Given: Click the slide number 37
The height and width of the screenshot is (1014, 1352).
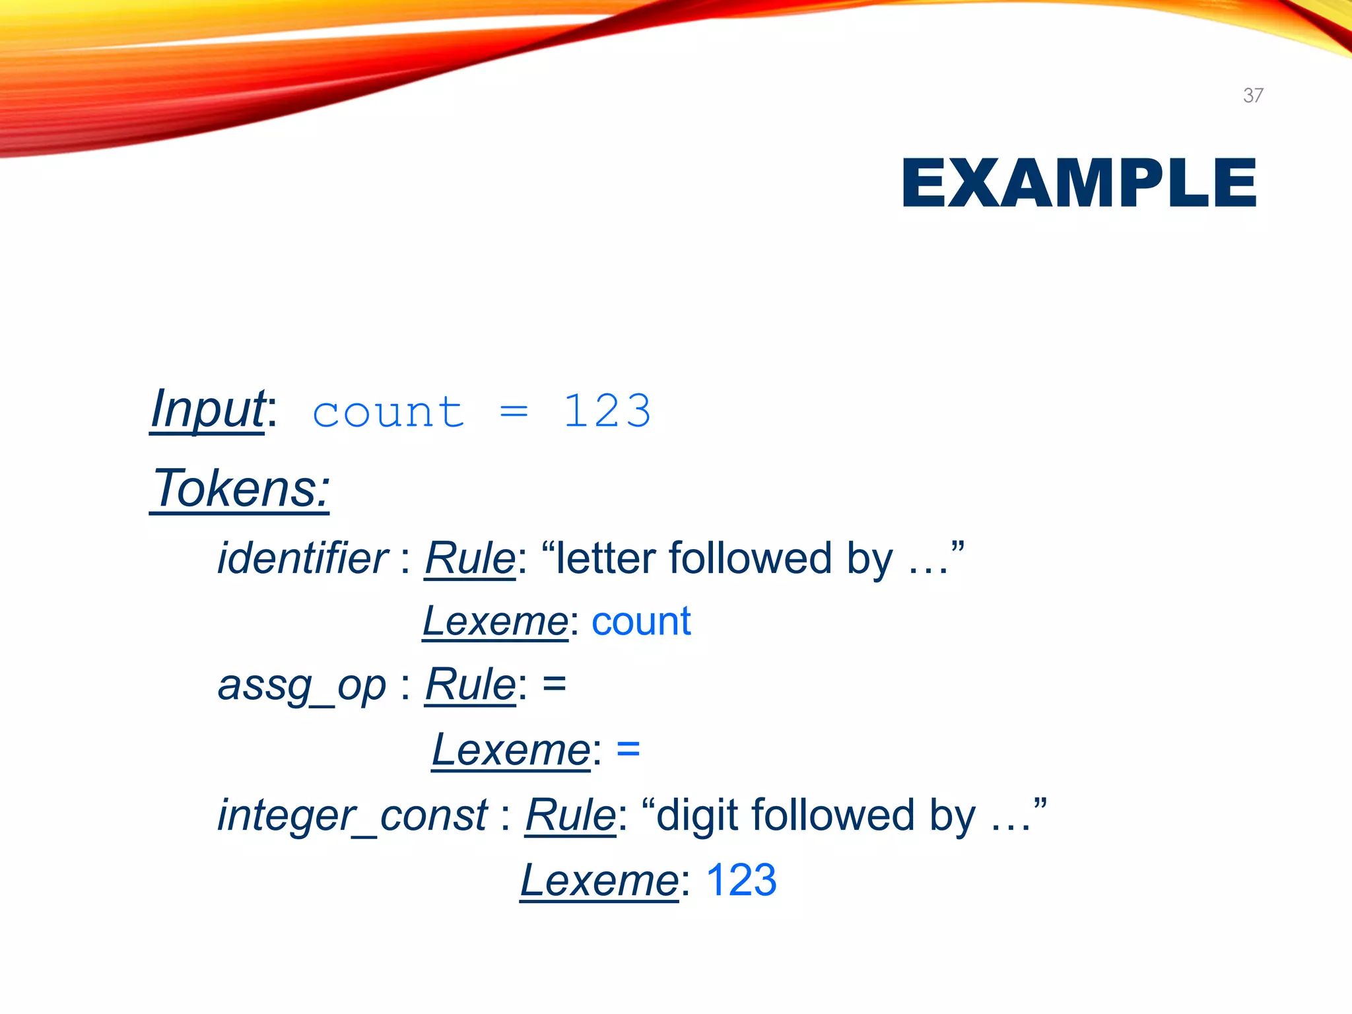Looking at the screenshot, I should (x=1252, y=96).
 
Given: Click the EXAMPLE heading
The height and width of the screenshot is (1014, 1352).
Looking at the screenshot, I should (x=1079, y=184).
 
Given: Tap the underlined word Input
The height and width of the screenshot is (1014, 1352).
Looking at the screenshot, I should (x=208, y=410).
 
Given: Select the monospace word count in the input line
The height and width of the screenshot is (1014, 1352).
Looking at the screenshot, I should (x=388, y=413).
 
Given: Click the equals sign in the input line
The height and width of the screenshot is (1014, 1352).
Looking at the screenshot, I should (x=514, y=413).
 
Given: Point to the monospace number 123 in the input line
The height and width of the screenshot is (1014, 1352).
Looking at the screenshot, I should (x=607, y=411).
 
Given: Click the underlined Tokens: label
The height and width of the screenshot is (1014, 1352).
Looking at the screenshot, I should (x=240, y=489).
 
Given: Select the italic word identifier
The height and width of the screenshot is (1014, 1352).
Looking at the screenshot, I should (x=303, y=558).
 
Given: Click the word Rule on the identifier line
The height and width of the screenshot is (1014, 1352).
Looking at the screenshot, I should (x=469, y=558).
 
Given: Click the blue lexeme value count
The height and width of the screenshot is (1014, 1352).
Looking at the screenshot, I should (x=641, y=622).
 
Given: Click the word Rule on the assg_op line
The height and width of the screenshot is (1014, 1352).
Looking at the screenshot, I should (x=469, y=685).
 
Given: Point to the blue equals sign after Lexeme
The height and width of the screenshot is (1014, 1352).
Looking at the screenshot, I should (x=628, y=749).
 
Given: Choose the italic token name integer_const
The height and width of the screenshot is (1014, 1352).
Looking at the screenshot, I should (x=353, y=815).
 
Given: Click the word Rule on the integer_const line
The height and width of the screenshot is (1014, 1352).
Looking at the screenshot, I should (x=570, y=815).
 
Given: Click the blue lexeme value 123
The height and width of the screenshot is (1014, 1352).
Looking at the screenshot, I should (x=741, y=880).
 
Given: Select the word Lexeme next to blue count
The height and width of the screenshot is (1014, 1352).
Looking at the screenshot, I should (x=495, y=622).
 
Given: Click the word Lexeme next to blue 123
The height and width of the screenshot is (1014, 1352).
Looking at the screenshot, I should (x=599, y=880).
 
